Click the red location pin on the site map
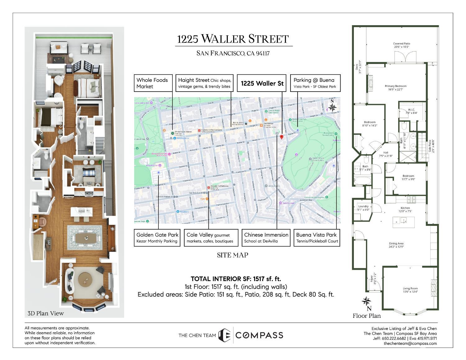coord(282,137)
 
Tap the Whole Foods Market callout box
coord(153,83)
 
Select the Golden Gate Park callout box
coord(157,238)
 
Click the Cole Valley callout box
coord(209,238)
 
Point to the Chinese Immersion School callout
coord(266,238)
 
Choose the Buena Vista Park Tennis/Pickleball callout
coord(317,238)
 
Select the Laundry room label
coord(363,208)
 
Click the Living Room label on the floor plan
coord(410,290)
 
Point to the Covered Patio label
coord(402,45)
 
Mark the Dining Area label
coord(405,245)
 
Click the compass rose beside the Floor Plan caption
coord(367,301)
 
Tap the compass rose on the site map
coord(332,107)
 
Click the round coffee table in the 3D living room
coord(85,280)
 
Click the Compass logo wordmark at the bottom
coord(259,335)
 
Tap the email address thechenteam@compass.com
coord(410,343)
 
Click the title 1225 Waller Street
coord(233,39)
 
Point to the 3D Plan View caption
coord(46,313)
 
